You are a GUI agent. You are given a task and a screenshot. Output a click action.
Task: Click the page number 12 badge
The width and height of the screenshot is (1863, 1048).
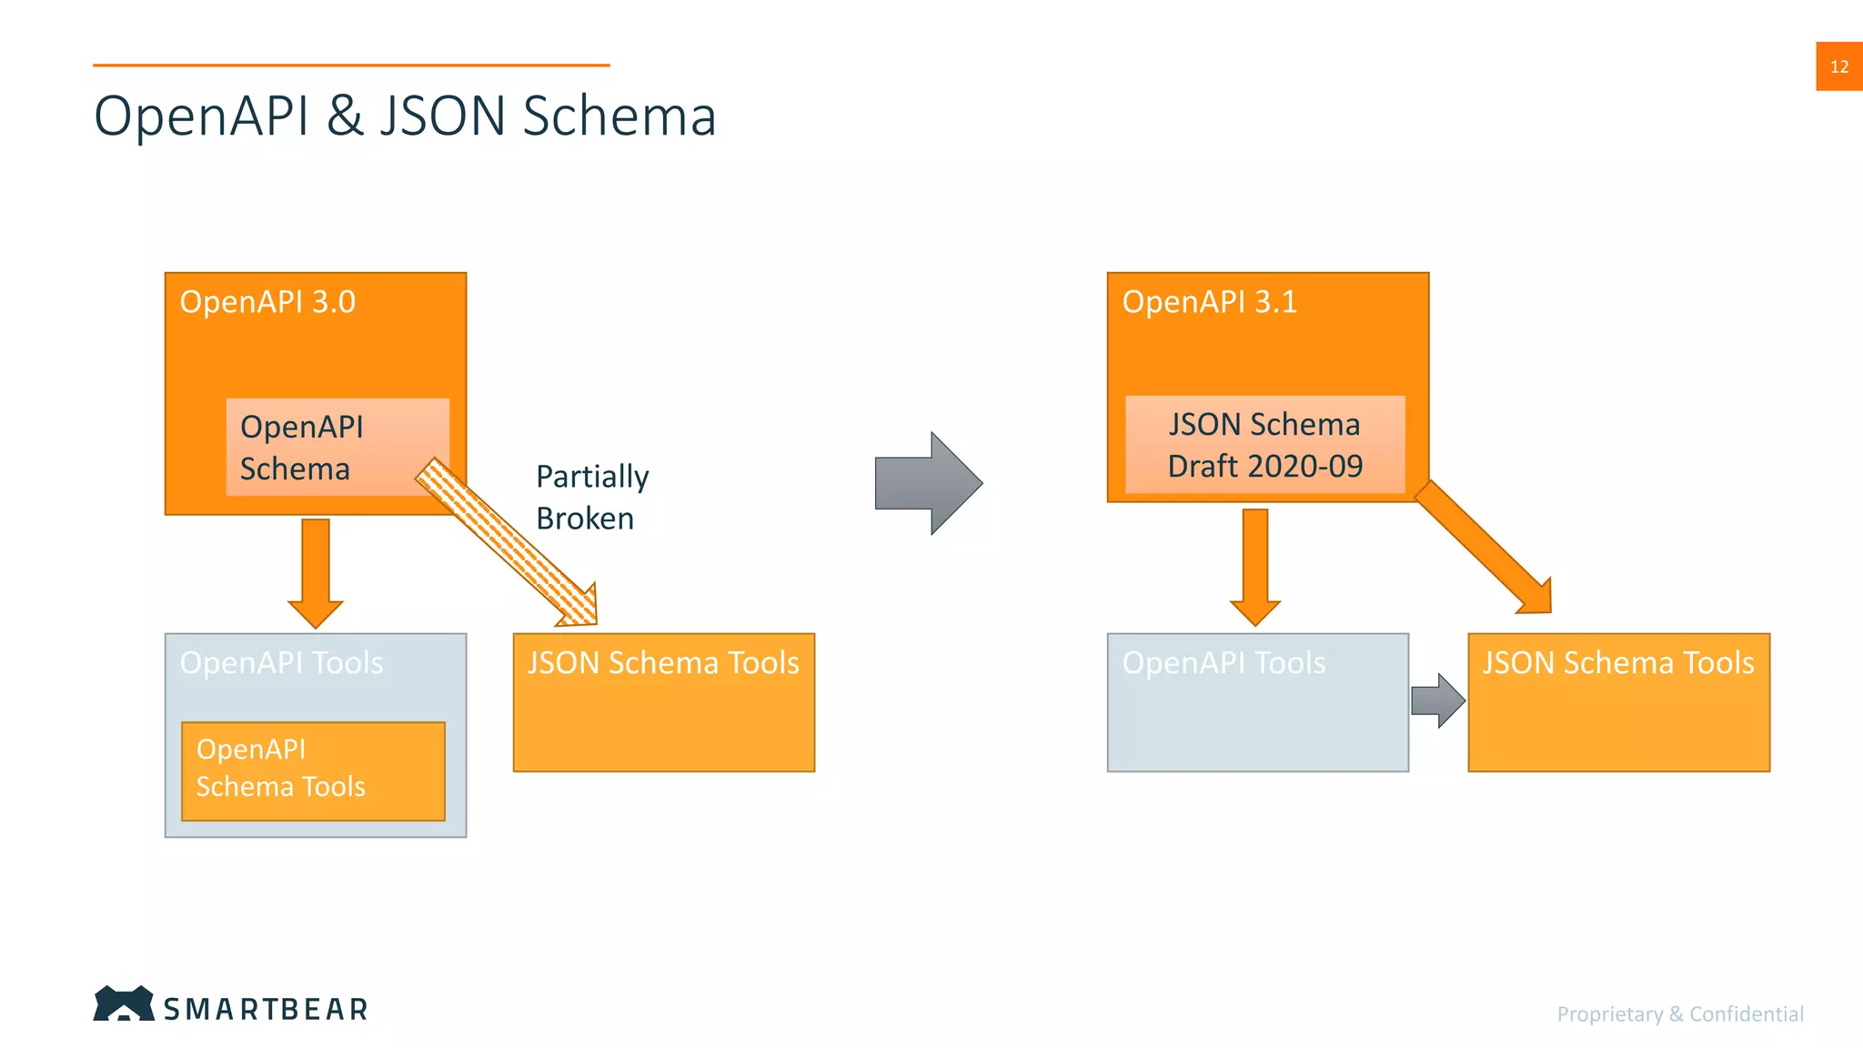point(1838,66)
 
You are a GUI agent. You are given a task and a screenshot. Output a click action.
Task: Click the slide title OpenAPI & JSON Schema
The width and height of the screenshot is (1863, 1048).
point(405,116)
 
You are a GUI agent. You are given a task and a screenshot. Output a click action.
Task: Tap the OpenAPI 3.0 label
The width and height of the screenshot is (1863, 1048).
point(267,302)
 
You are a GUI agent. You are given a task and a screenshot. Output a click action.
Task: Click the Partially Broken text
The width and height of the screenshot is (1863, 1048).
point(591,497)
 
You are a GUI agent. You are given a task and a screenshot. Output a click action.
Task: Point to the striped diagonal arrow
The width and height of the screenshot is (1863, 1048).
point(509,544)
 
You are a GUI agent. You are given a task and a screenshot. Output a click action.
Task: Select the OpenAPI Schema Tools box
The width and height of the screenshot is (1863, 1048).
point(313,771)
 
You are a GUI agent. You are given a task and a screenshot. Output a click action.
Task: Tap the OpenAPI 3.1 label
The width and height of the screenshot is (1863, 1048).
point(1209,302)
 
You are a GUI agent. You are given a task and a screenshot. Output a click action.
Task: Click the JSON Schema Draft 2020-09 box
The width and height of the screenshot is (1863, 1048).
point(1264,445)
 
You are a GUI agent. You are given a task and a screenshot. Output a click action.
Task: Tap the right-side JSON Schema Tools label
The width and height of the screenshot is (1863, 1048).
point(1618,662)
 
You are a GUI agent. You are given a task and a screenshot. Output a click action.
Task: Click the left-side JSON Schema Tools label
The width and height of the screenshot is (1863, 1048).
point(663,662)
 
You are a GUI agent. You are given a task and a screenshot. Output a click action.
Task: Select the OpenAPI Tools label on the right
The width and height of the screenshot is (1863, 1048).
point(1224,662)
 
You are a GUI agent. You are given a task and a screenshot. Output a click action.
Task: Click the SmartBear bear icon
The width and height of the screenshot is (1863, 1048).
point(124,1003)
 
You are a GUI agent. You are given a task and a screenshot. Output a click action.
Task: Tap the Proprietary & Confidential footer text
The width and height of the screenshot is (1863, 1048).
point(1679,1013)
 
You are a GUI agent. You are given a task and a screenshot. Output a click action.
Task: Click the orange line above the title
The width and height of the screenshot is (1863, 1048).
point(351,65)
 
